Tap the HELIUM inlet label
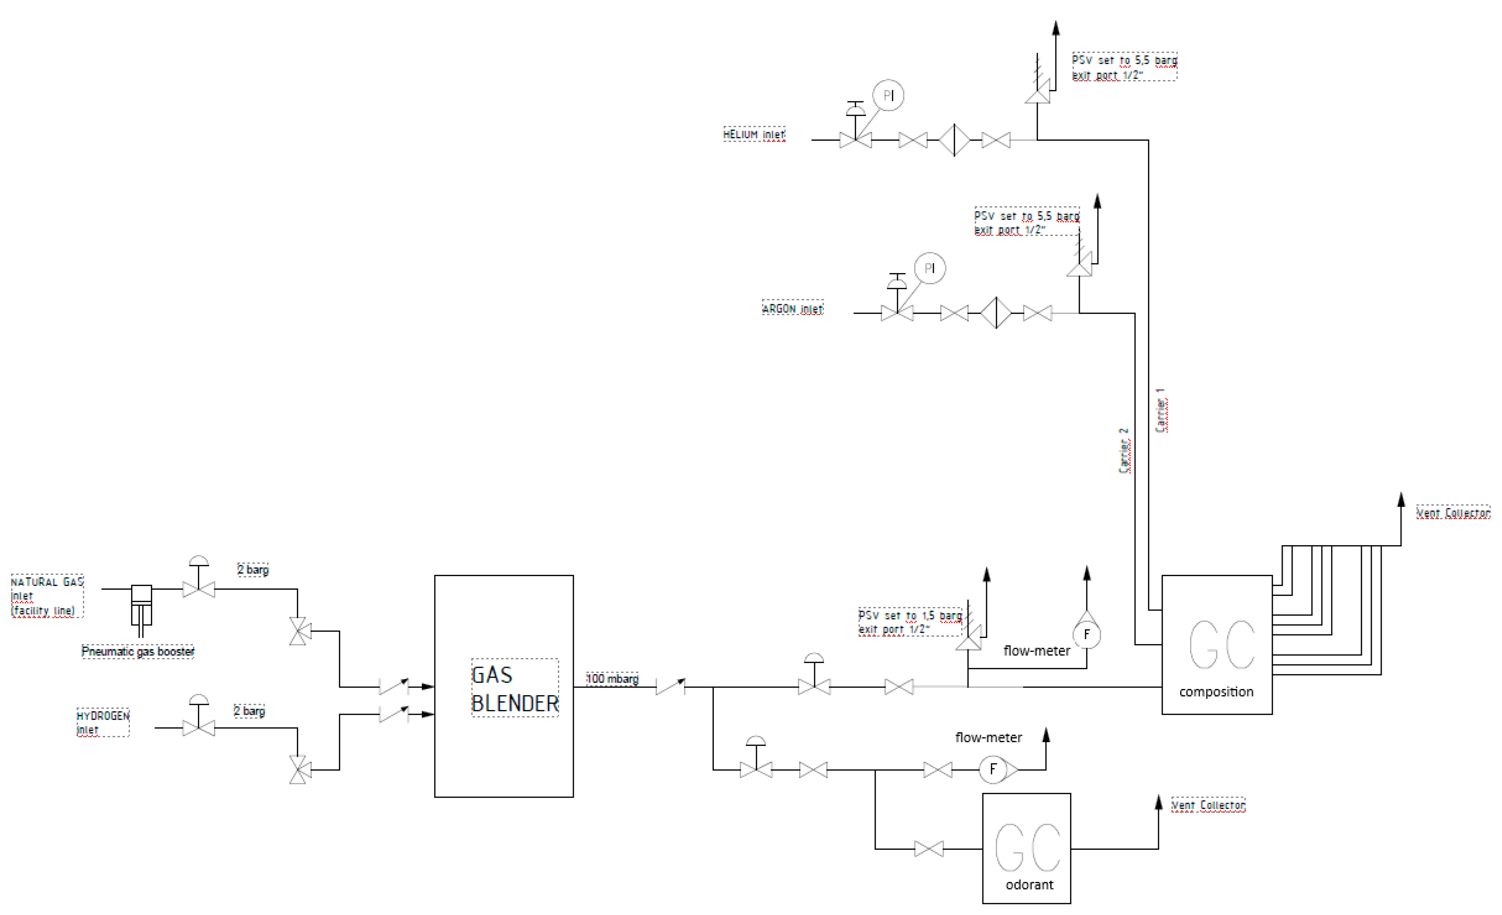(754, 135)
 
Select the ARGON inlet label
(792, 309)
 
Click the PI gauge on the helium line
(888, 96)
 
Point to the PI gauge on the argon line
(929, 269)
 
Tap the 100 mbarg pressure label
(612, 679)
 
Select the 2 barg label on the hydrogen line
(249, 711)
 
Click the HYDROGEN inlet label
(102, 722)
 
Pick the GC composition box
(1216, 645)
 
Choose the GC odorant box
(1027, 848)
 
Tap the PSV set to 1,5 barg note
(909, 622)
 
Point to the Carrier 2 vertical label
(1124, 451)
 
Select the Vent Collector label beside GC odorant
(1208, 805)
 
